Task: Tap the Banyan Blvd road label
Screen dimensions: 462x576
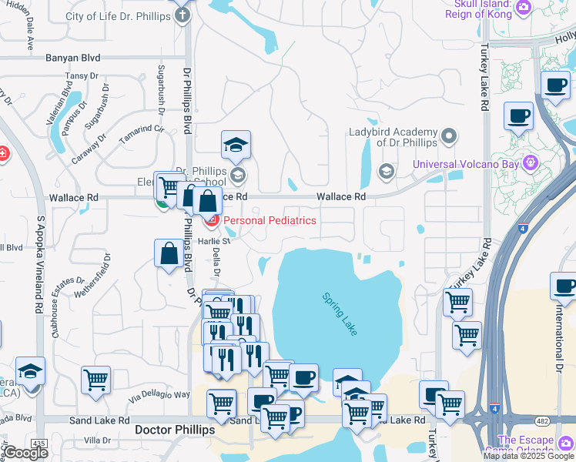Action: click(x=73, y=58)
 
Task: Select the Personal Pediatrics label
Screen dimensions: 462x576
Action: click(x=270, y=220)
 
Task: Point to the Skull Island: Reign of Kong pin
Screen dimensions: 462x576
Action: click(x=524, y=7)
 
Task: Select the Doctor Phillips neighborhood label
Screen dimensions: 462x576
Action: click(x=174, y=430)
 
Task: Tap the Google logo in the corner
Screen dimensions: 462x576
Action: click(x=25, y=453)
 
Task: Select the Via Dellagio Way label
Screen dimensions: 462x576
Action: click(x=159, y=396)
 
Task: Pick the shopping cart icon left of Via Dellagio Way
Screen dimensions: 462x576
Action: click(x=95, y=379)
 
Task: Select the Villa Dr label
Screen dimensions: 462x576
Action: click(x=98, y=440)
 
